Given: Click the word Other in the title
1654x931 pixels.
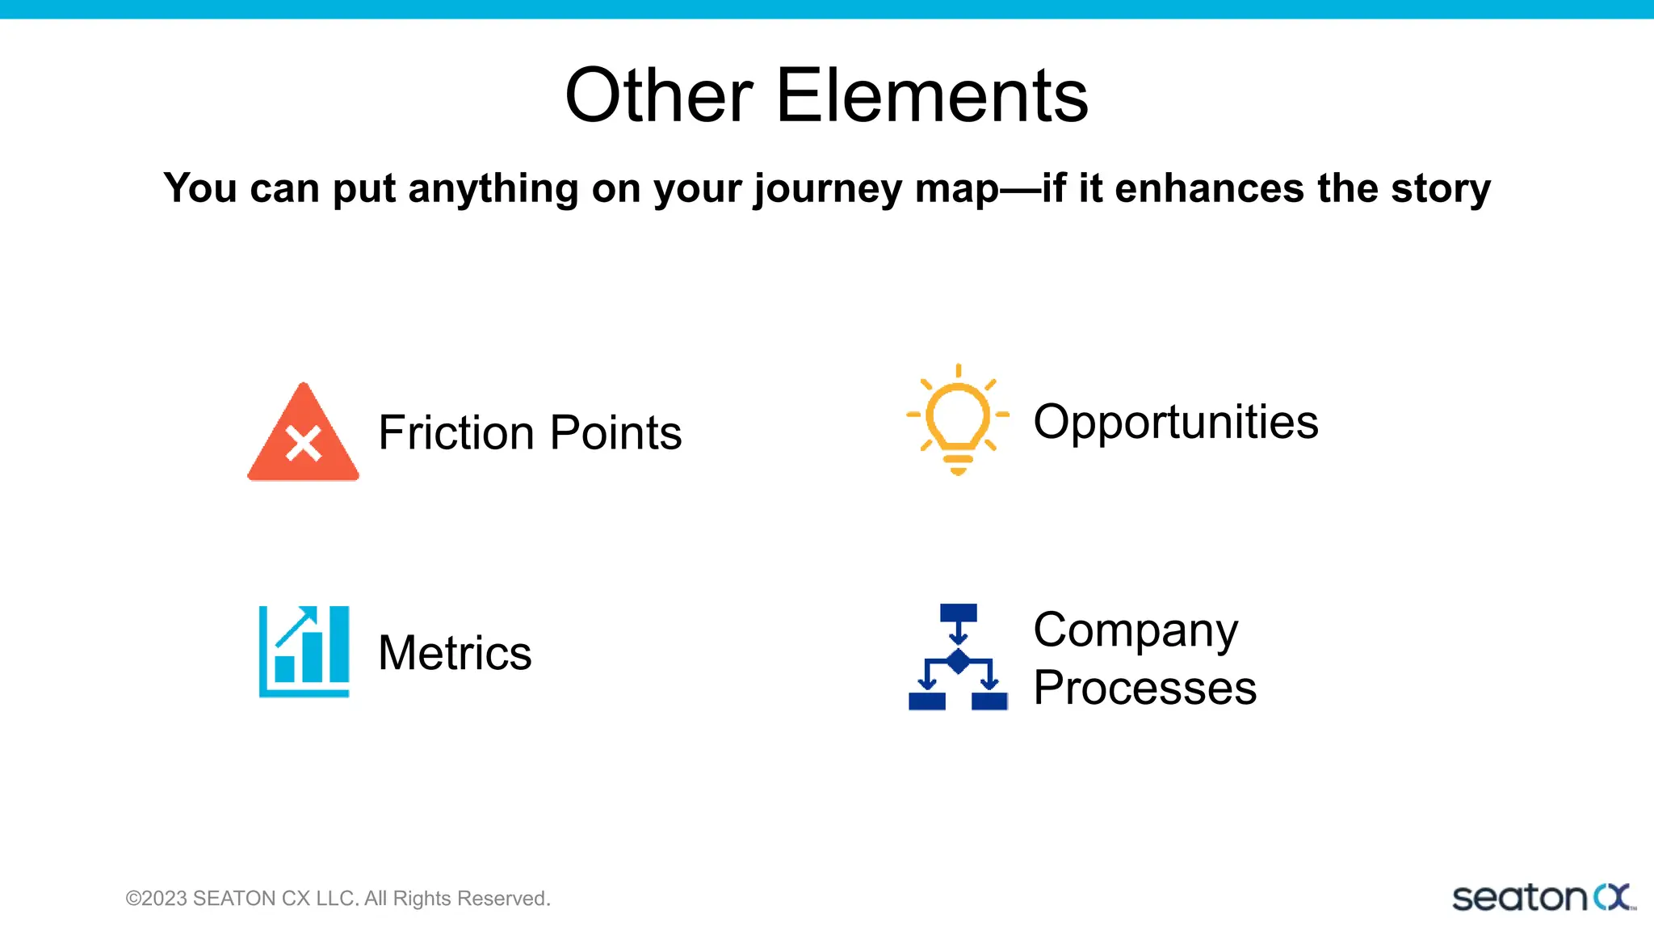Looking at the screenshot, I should pos(658,96).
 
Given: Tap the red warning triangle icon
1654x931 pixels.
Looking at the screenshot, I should pos(303,436).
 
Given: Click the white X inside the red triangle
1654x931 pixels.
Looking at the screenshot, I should pos(304,444).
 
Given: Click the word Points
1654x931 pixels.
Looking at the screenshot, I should pos(616,432).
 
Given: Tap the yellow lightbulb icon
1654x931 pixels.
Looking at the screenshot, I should pos(958,419).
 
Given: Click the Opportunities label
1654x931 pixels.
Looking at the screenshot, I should pos(1175,422).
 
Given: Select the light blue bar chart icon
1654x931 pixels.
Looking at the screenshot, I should pos(304,651).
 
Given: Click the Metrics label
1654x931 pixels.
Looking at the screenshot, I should pos(455,653).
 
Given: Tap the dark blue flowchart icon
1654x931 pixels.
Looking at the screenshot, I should pos(958,657).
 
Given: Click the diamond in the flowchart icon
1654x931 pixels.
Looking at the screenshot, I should pos(958,661).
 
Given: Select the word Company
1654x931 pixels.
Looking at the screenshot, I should pos(1135,631).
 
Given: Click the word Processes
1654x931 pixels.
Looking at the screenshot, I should pos(1144,689).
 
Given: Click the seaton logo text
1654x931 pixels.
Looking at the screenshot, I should pos(1518,899).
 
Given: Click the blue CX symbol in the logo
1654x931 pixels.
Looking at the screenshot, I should pos(1612,897).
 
